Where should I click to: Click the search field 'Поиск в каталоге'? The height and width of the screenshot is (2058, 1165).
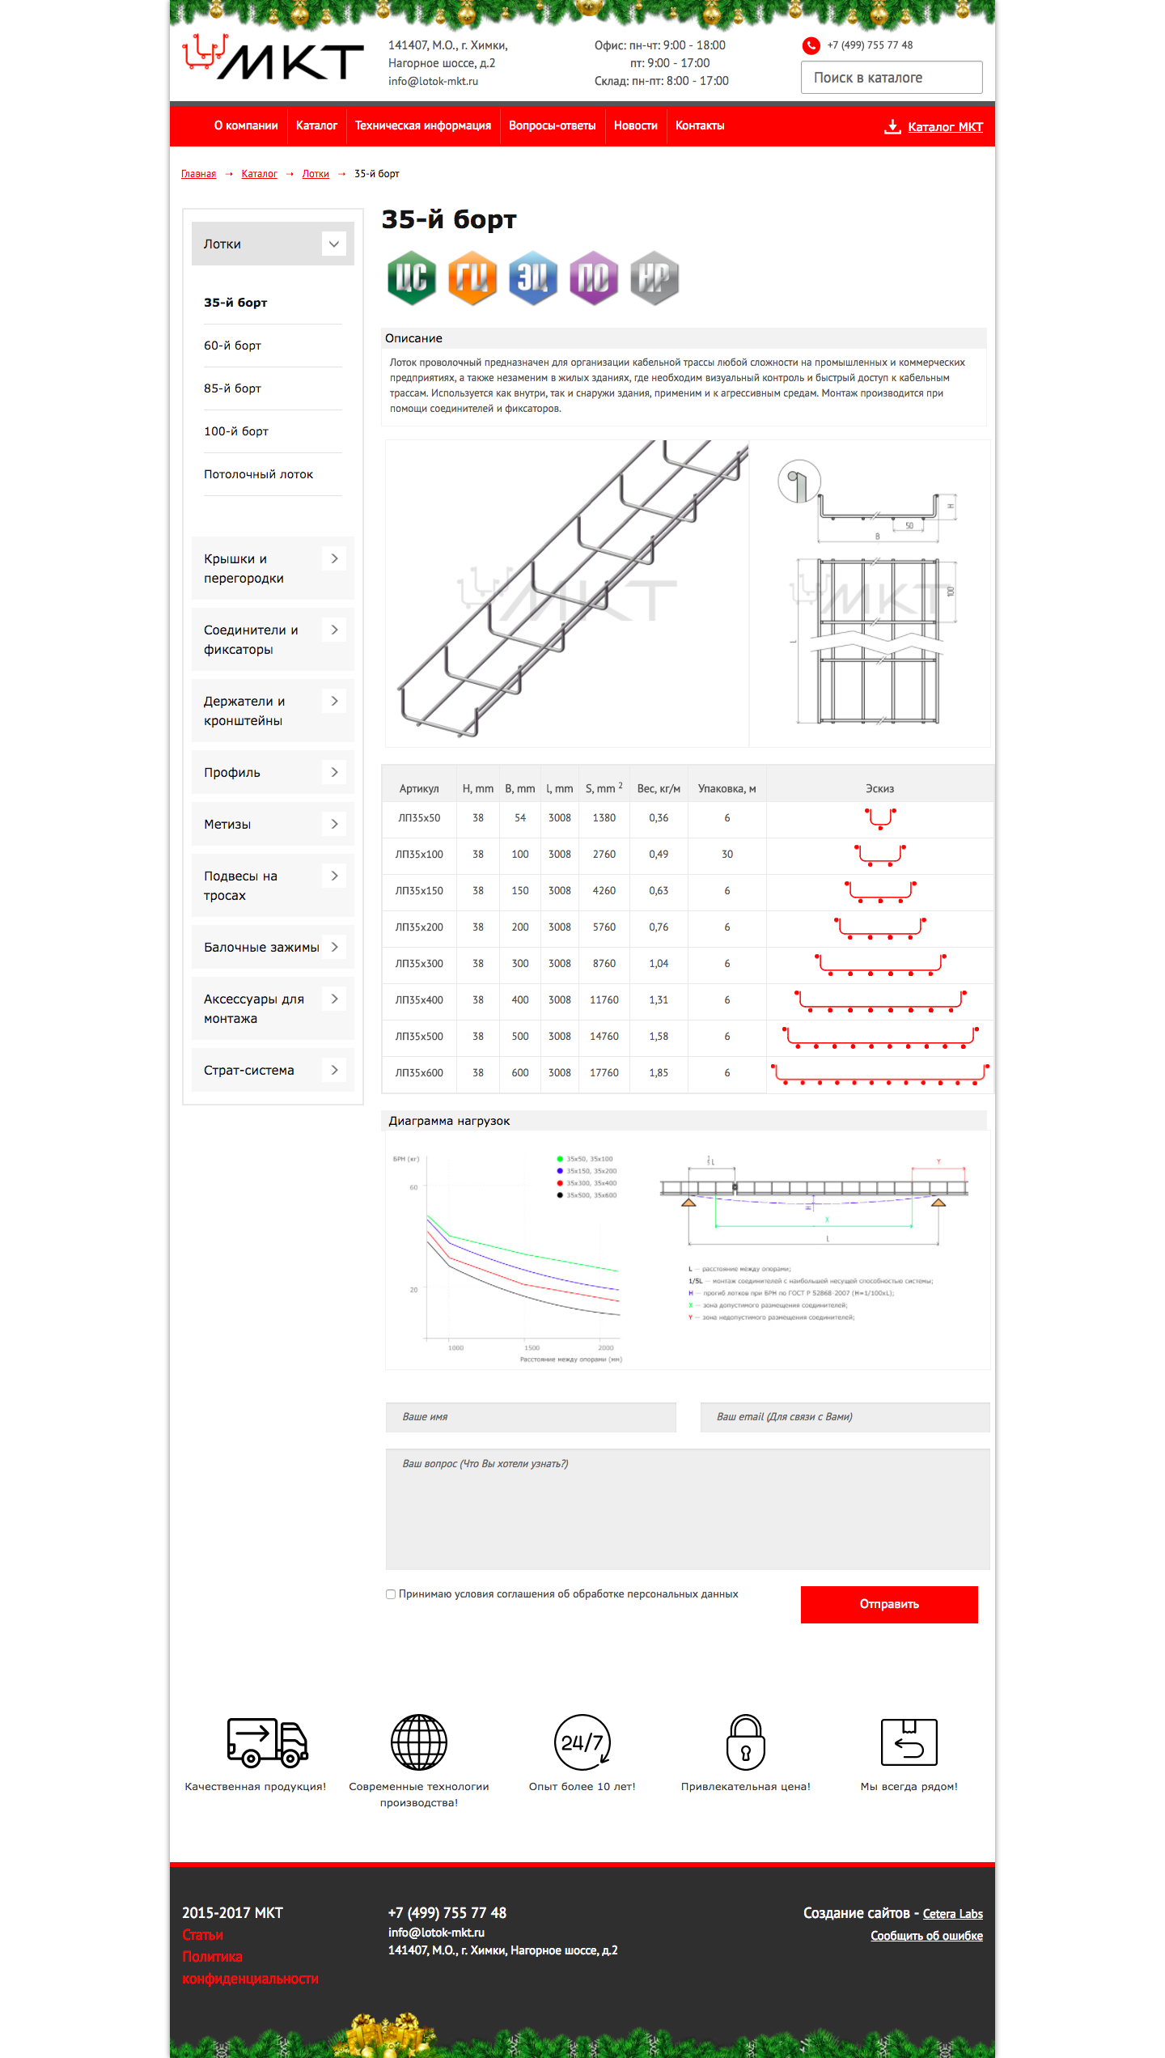tap(891, 78)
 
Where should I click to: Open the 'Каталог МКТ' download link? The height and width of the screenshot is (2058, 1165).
tap(944, 127)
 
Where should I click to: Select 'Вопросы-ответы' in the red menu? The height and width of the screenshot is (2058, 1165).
tap(552, 125)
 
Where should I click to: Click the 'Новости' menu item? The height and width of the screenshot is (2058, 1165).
tap(635, 125)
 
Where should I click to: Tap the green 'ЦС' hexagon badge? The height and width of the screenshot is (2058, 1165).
tap(412, 278)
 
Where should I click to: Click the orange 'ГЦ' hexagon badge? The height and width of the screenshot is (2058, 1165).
tap(472, 278)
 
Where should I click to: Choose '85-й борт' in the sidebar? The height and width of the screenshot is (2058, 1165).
tap(233, 388)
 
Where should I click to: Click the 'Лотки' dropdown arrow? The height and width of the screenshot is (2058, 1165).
tap(333, 244)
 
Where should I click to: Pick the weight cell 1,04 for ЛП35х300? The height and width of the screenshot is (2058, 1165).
tap(659, 964)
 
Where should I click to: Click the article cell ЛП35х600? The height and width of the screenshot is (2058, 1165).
tap(419, 1073)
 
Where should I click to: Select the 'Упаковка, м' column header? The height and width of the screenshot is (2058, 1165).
tap(727, 789)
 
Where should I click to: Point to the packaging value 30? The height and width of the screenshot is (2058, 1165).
tap(727, 855)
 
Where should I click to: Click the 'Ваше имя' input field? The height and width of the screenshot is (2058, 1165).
tap(531, 1417)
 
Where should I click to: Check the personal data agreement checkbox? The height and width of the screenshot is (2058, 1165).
tap(391, 1594)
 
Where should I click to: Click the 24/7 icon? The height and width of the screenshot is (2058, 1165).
tap(582, 1742)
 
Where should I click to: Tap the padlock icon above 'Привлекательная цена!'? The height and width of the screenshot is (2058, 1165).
tap(745, 1742)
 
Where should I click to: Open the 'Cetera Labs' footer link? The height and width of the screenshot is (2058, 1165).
tap(952, 1914)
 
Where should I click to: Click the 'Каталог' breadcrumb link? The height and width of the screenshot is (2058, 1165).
tap(259, 174)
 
